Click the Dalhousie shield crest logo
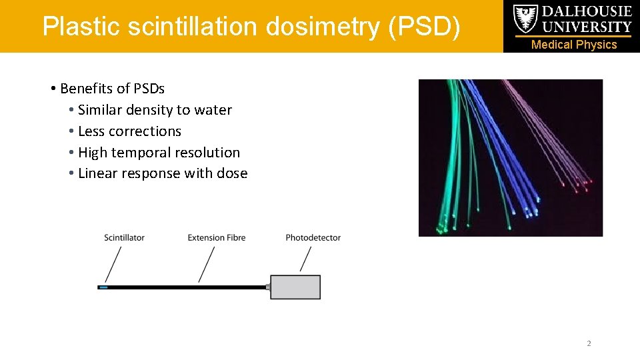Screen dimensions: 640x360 coord(525,19)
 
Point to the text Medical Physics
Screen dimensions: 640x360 coord(574,45)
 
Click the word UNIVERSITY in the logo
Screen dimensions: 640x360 coord(587,27)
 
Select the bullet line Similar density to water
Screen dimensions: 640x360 coord(155,110)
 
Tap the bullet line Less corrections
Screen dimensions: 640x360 coord(129,131)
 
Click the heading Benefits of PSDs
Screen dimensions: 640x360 coord(112,89)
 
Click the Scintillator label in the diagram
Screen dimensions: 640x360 coord(124,237)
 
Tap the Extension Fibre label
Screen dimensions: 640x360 coord(216,237)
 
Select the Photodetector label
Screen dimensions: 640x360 coord(313,237)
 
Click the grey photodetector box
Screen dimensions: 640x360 coord(295,287)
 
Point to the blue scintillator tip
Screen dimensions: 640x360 coord(103,287)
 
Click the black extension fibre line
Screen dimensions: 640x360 coord(187,287)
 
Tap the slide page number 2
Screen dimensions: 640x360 coord(589,343)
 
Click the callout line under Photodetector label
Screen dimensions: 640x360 coord(306,259)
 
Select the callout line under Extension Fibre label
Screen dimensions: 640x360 coord(207,264)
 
